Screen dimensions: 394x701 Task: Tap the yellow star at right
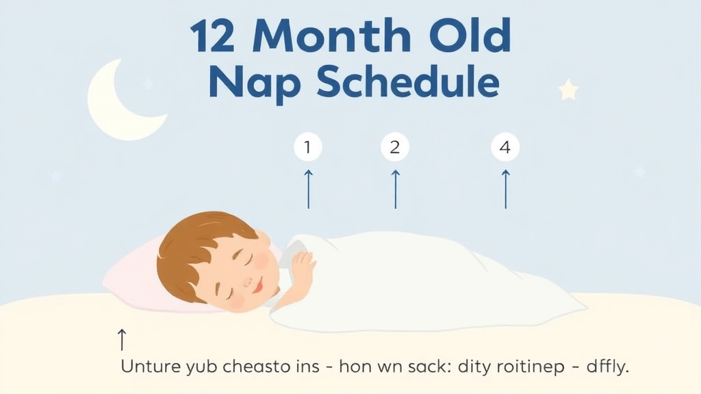pos(568,90)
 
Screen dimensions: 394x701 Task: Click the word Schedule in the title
pos(407,83)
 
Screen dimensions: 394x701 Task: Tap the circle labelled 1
pos(307,147)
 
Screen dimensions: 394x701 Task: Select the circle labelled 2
pos(394,147)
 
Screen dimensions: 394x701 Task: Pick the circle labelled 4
pos(505,147)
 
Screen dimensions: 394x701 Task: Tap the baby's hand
pos(301,263)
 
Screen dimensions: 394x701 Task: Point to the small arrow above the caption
pos(122,339)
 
